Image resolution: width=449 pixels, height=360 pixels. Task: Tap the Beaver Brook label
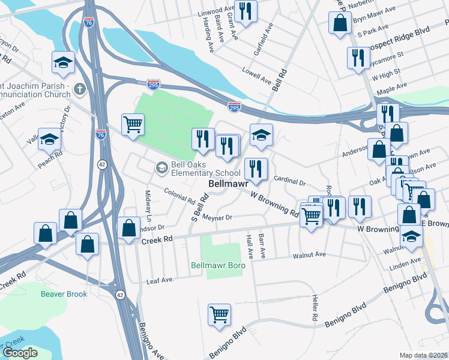64,294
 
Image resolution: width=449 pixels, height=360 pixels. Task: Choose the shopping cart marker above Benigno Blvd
220,314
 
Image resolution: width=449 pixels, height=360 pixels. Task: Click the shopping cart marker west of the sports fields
133,124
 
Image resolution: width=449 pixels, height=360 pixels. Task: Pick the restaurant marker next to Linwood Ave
245,11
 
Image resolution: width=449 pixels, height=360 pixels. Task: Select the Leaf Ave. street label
160,281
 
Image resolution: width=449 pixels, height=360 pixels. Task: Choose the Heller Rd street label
314,307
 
